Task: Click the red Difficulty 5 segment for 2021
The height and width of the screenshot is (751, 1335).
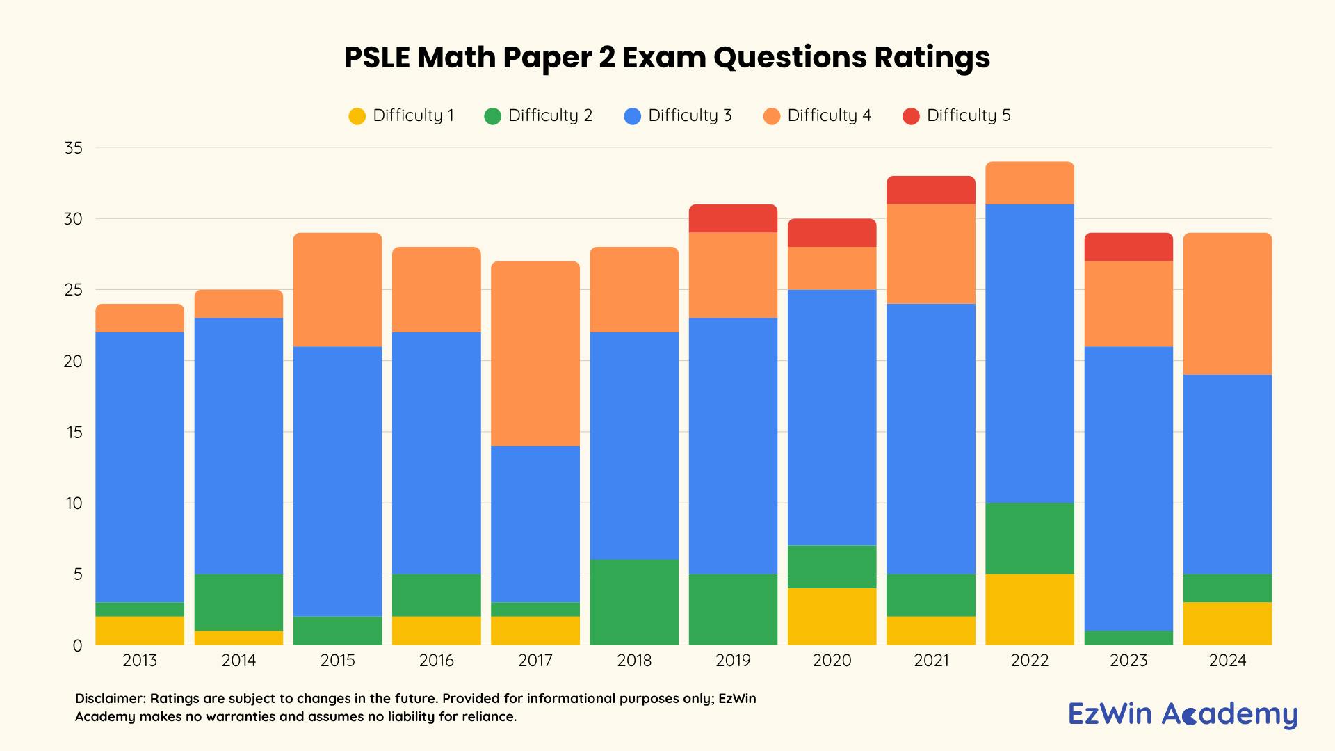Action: pyautogui.click(x=931, y=190)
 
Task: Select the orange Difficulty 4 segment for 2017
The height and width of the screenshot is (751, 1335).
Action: pyautogui.click(x=535, y=353)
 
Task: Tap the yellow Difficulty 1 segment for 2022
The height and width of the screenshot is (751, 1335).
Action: pyautogui.click(x=1030, y=609)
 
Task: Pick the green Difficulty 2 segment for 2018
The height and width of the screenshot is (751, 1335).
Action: pyautogui.click(x=634, y=602)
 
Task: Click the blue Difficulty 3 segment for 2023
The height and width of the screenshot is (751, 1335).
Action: pyautogui.click(x=1128, y=488)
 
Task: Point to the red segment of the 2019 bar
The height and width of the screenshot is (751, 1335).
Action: pyautogui.click(x=733, y=218)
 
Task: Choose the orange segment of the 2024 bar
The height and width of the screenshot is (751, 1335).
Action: pyautogui.click(x=1227, y=304)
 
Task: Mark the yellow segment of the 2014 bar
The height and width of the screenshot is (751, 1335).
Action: pyautogui.click(x=238, y=638)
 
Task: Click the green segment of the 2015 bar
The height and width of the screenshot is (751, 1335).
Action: pyautogui.click(x=337, y=631)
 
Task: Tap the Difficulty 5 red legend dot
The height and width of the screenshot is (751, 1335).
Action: pyautogui.click(x=911, y=116)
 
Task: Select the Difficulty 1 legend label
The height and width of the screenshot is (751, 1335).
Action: pyautogui.click(x=413, y=115)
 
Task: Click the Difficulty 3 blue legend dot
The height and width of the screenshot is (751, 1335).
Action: pyautogui.click(x=632, y=116)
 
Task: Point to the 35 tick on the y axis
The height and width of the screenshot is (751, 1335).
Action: pyautogui.click(x=73, y=148)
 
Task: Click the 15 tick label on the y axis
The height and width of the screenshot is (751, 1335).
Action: pyautogui.click(x=73, y=433)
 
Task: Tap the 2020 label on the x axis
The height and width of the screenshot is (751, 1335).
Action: pyautogui.click(x=832, y=661)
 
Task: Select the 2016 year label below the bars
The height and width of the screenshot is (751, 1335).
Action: pyautogui.click(x=437, y=661)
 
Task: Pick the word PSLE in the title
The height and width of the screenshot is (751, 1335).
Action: pyautogui.click(x=377, y=58)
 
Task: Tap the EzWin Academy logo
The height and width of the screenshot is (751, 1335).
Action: pyautogui.click(x=1183, y=714)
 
